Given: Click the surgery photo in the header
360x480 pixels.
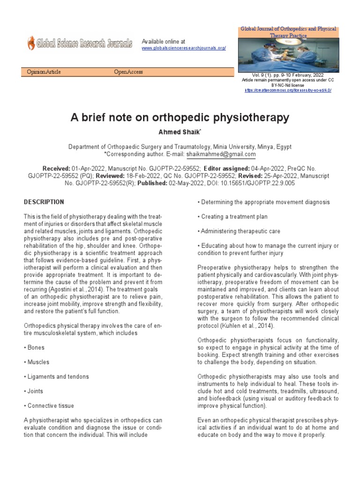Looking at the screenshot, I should [287, 54].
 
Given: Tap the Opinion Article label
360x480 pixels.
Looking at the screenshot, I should [44, 72].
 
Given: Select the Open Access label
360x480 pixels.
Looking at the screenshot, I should [128, 72].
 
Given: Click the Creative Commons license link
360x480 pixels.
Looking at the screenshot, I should [288, 90].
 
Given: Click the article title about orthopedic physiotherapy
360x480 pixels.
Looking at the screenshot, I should [180, 118].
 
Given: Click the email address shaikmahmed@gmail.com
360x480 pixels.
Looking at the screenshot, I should [221, 154].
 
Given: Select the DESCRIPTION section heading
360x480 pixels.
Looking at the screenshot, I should [44, 202].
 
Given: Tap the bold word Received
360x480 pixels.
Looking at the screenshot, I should [56, 168].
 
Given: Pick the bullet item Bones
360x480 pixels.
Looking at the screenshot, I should [37, 348].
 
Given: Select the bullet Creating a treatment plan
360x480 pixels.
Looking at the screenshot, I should [232, 217].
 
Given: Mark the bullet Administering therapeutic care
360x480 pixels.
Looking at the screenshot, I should [240, 231].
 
